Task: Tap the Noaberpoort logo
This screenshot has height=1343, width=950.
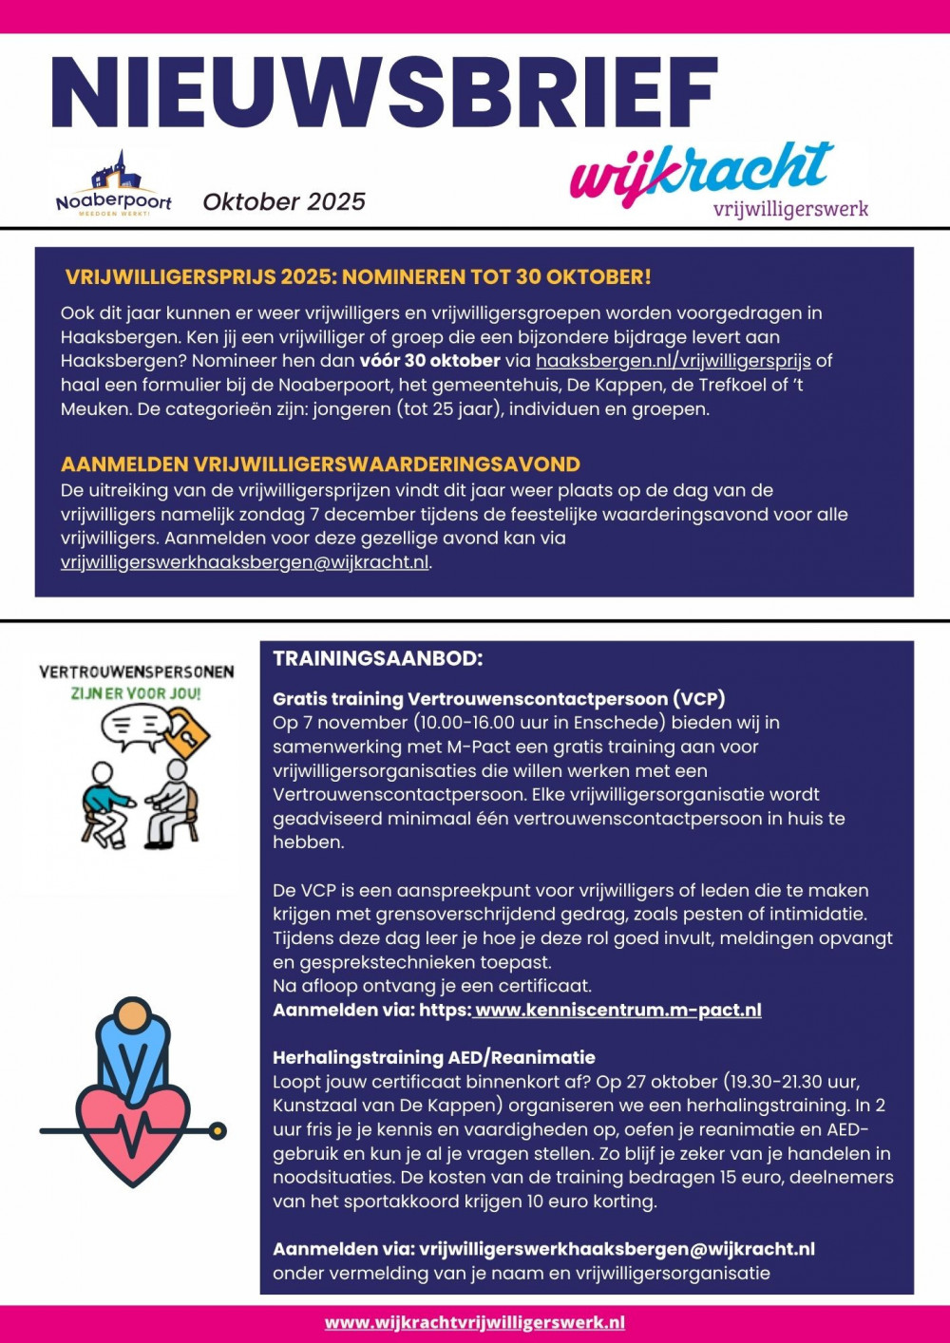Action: (114, 183)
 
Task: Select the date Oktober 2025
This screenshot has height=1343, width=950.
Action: (284, 201)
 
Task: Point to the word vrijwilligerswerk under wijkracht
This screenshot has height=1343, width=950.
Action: (790, 208)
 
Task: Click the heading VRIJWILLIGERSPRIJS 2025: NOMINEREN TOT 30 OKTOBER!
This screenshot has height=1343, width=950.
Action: (358, 277)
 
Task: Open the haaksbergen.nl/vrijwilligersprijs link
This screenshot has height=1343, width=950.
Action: (673, 361)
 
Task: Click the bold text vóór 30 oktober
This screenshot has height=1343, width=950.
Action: (429, 361)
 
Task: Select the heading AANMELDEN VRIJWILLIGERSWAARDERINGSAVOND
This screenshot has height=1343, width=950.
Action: (320, 464)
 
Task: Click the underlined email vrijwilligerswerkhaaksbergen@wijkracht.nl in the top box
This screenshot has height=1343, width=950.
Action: (244, 562)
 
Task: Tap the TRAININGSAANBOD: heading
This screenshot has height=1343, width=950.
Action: (378, 659)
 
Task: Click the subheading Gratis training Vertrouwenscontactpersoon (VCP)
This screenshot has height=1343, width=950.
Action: (499, 699)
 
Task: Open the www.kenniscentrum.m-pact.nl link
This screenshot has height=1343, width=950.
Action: (617, 1010)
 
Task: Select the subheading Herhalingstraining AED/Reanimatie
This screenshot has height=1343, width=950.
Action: (434, 1057)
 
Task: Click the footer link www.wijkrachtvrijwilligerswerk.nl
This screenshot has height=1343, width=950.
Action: (475, 1322)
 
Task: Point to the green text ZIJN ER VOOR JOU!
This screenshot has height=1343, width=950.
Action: (136, 693)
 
